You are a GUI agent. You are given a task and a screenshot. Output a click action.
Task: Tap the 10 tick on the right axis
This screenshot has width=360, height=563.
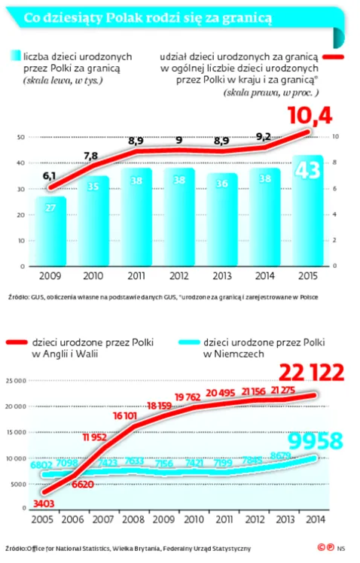coord(335,137)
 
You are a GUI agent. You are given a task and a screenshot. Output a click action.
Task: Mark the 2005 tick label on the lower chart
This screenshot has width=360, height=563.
coord(42,519)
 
